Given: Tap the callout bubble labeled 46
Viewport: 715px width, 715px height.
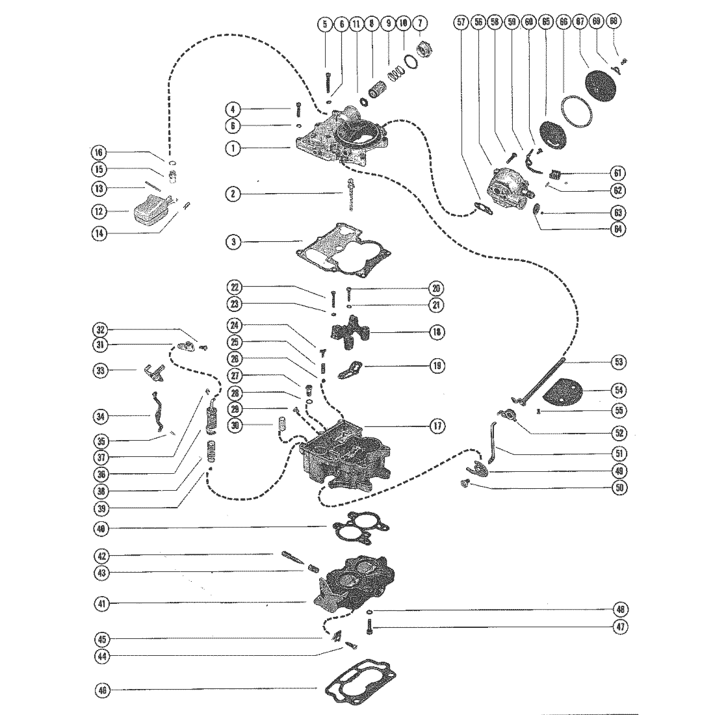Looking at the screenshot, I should [101, 691].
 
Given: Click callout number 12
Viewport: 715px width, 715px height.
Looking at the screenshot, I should [101, 211].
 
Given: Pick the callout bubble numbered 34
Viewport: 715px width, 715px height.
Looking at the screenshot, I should [101, 416].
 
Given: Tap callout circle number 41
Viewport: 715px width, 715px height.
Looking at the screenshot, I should [101, 604].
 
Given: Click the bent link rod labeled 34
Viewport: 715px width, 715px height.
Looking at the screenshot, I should [158, 413].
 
